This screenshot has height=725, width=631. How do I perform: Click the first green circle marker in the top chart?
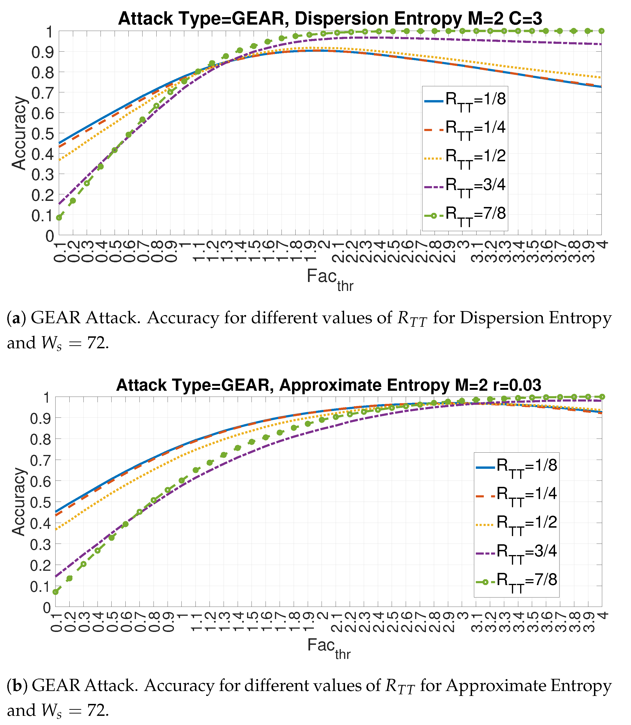(x=59, y=218)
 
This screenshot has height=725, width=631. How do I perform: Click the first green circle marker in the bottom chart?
(x=56, y=592)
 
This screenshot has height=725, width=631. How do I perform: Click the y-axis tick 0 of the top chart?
(x=50, y=235)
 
